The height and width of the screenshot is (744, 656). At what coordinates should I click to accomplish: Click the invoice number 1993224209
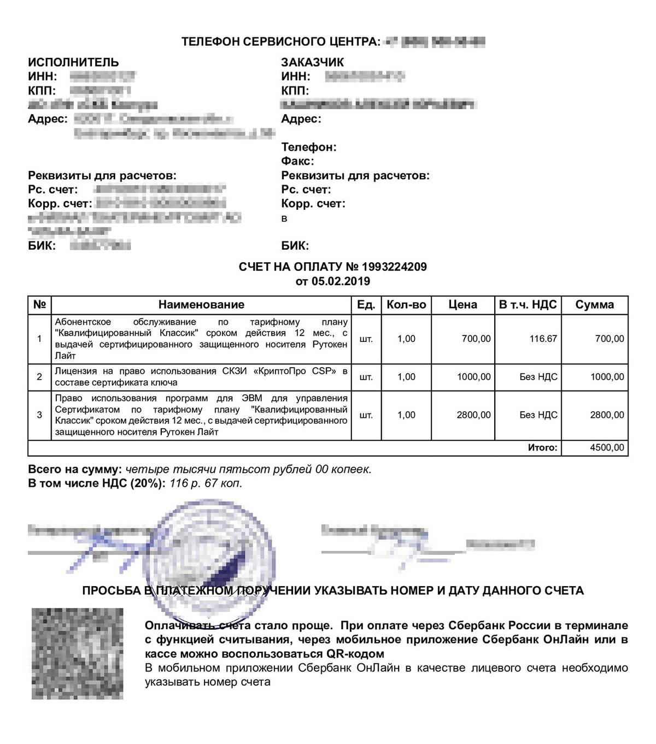tap(394, 267)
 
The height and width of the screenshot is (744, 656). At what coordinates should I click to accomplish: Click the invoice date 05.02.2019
tap(341, 281)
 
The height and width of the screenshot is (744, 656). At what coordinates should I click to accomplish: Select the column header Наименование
tap(201, 305)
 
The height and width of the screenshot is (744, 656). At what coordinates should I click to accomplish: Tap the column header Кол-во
tap(406, 305)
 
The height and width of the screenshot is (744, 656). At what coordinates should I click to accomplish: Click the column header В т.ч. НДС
tap(528, 305)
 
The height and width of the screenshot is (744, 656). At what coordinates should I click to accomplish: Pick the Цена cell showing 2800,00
tap(473, 415)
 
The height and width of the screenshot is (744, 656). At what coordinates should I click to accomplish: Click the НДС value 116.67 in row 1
tap(543, 339)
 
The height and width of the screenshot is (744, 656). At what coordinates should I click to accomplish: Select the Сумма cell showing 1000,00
tap(607, 377)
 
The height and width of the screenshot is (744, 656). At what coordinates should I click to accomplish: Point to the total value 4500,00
tap(607, 447)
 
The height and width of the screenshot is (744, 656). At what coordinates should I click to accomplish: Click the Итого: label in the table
tap(542, 447)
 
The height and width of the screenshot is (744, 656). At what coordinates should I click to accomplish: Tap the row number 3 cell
tap(39, 415)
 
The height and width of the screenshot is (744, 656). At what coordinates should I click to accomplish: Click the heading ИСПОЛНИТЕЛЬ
tap(73, 62)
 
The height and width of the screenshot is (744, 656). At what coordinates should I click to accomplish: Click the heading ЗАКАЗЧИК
tap(313, 62)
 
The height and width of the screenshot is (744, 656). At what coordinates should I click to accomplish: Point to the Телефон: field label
tap(309, 147)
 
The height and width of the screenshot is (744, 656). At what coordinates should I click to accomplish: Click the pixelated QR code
tap(77, 653)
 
